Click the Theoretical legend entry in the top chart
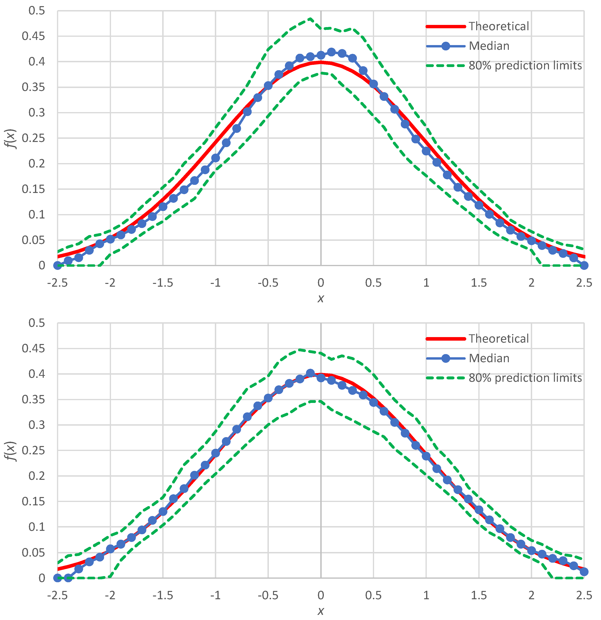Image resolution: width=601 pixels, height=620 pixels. pyautogui.click(x=499, y=26)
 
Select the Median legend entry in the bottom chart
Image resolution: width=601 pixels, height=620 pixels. pyautogui.click(x=489, y=358)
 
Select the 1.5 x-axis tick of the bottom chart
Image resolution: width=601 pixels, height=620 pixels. pyautogui.click(x=479, y=595)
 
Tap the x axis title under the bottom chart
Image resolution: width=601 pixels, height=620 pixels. pyautogui.click(x=321, y=611)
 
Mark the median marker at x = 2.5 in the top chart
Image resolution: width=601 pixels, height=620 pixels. pyautogui.click(x=584, y=265)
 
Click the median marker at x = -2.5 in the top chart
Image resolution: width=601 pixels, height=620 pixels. pyautogui.click(x=58, y=265)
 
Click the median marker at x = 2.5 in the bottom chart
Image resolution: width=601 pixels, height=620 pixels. pyautogui.click(x=584, y=572)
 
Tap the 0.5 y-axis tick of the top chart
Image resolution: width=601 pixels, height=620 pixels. pyautogui.click(x=37, y=11)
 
